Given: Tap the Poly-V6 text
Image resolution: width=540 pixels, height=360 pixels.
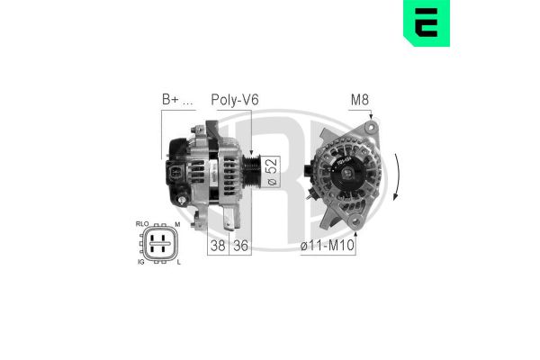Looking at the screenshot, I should click(234, 100).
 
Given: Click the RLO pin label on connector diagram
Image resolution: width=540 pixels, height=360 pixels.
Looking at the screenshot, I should click(142, 223).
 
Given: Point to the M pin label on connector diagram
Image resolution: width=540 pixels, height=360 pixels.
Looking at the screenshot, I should click(178, 223).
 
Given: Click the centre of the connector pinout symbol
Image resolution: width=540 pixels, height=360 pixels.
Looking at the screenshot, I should click(160, 241).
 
